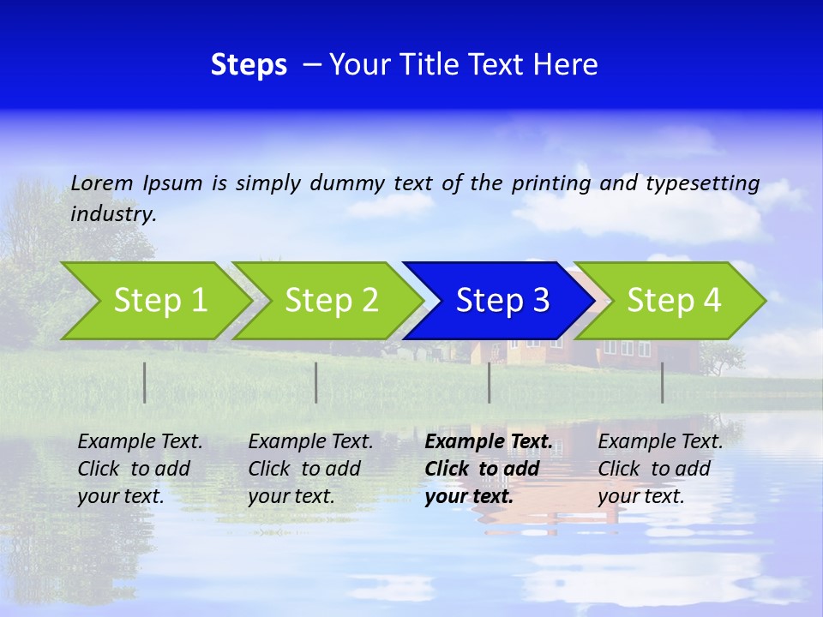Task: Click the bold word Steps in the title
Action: point(249,65)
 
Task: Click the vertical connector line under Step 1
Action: point(145,382)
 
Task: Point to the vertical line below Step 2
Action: point(316,382)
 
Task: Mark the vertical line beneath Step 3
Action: point(490,382)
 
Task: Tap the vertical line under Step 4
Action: point(663,382)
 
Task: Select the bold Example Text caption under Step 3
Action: point(488,469)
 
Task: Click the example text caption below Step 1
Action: point(140,469)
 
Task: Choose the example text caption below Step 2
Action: point(310,469)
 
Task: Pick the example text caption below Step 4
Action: point(660,469)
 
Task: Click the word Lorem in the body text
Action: point(102,183)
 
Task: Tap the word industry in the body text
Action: point(113,214)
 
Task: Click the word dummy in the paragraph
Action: point(347,183)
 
